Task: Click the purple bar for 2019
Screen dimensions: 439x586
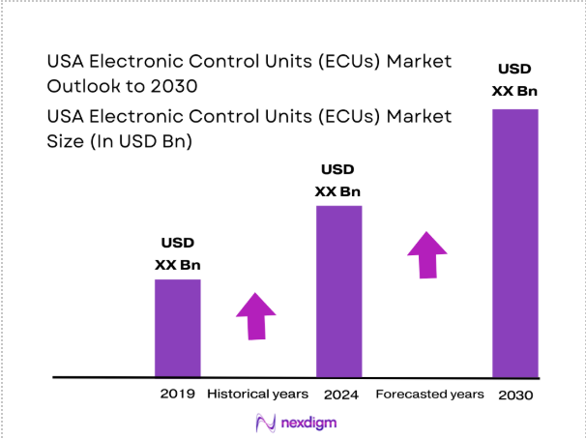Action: pyautogui.click(x=178, y=327)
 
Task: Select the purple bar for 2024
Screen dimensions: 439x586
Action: pyautogui.click(x=338, y=290)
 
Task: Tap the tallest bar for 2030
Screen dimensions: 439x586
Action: pyautogui.click(x=515, y=242)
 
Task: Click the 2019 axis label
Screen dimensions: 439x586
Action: pyautogui.click(x=178, y=394)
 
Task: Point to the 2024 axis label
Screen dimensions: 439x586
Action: pyautogui.click(x=338, y=394)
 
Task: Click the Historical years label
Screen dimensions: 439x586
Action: pyautogui.click(x=257, y=394)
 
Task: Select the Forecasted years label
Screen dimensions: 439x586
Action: pyautogui.click(x=429, y=394)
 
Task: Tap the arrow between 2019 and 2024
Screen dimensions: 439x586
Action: pyautogui.click(x=255, y=314)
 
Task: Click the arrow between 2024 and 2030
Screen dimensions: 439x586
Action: pyautogui.click(x=426, y=254)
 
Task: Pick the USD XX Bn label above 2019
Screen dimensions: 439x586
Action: pyautogui.click(x=178, y=254)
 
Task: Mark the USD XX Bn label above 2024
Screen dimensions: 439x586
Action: pyautogui.click(x=338, y=180)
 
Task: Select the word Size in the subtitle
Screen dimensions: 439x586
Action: pyautogui.click(x=65, y=142)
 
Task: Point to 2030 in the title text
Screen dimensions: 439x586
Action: pyautogui.click(x=174, y=85)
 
